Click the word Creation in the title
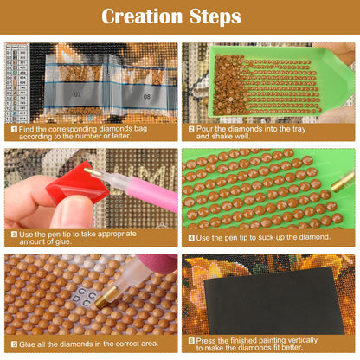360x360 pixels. tap(142, 16)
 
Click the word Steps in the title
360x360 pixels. tap(215, 16)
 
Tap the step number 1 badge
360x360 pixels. tap(14, 129)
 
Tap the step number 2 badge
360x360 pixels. tap(191, 129)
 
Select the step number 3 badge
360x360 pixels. tap(14, 235)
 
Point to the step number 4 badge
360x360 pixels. tap(191, 238)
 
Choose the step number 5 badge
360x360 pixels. tap(14, 344)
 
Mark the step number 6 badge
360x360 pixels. tap(191, 341)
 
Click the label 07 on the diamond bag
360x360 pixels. tap(77, 94)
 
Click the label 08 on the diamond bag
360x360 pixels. tap(147, 96)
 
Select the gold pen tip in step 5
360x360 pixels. tap(106, 297)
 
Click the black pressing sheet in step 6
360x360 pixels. tap(274, 300)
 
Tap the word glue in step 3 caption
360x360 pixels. tap(62, 241)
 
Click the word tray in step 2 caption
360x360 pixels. tap(299, 129)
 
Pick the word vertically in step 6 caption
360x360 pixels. tap(302, 340)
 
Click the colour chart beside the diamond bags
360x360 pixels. tap(16, 83)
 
